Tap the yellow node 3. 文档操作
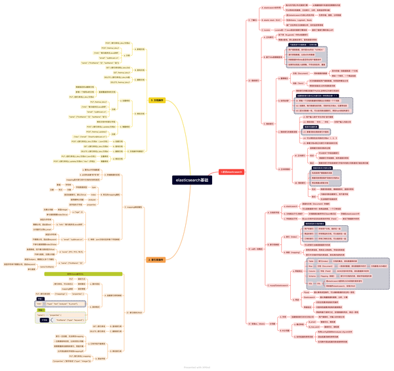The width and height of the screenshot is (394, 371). click(x=157, y=100)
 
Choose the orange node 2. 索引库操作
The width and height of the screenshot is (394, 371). click(x=158, y=260)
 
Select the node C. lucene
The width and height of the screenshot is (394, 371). click(x=267, y=30)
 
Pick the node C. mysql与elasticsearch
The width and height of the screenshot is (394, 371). click(x=279, y=286)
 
